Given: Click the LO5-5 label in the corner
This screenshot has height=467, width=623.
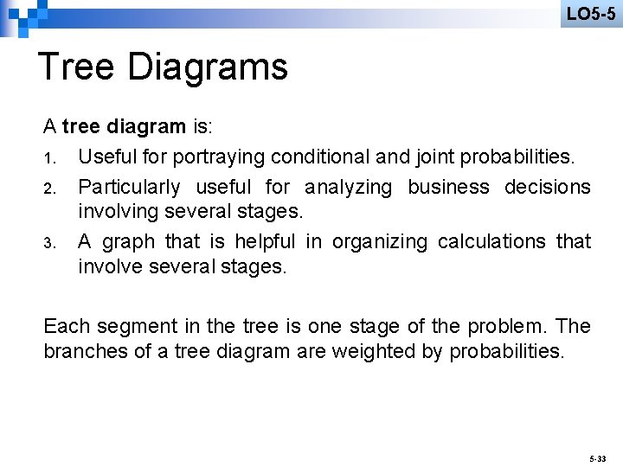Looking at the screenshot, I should pos(591,13).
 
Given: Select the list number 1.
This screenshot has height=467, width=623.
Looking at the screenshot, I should pos(50,158).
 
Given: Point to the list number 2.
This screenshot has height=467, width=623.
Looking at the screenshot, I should pos(50,188).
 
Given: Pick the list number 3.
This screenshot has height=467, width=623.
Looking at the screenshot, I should pos(50,242).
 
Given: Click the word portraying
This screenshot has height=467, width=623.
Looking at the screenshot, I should pos(219,157).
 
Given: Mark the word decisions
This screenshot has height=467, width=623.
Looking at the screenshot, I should pos(548,187).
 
